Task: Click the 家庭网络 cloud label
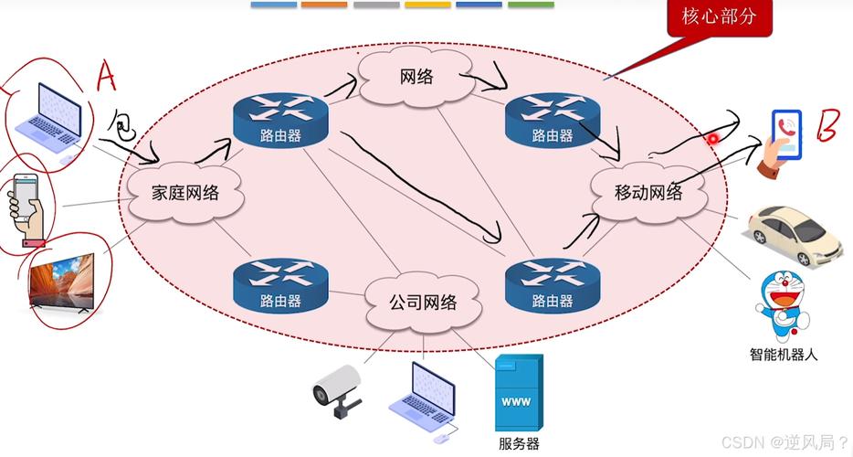[185, 192]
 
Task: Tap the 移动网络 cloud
[648, 192]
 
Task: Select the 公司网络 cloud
[422, 302]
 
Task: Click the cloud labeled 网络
[416, 78]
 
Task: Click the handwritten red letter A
[106, 78]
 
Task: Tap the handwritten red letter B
[827, 129]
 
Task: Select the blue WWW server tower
[519, 392]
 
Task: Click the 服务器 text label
[519, 444]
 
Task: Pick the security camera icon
[336, 389]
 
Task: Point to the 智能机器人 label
[782, 354]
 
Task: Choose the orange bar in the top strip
[324, 5]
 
